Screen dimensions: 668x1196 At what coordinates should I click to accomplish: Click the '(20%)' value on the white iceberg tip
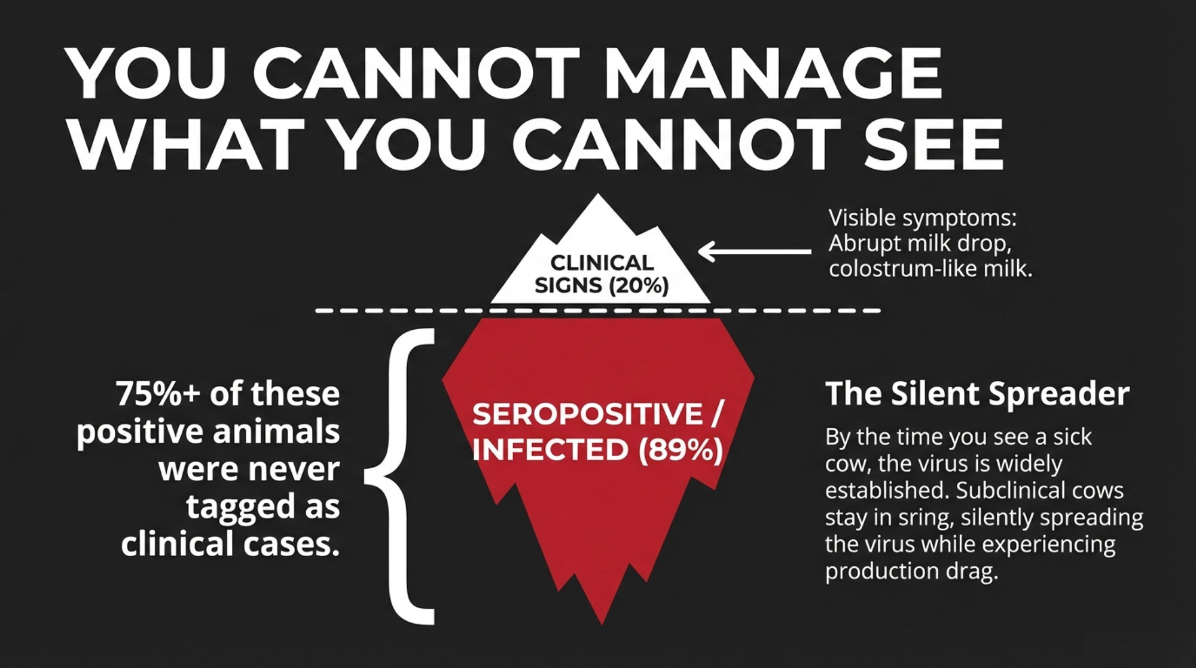[x=638, y=285]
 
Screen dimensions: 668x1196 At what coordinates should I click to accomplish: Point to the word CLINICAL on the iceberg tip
[x=602, y=263]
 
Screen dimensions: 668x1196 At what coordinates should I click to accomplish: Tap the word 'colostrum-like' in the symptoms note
[x=897, y=269]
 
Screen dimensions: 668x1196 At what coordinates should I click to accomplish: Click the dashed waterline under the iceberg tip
[x=598, y=311]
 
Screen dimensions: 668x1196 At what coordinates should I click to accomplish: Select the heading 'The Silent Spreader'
[x=977, y=394]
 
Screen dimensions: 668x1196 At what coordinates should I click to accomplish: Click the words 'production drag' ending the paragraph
[x=911, y=571]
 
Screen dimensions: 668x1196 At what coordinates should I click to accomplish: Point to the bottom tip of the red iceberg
[x=602, y=623]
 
